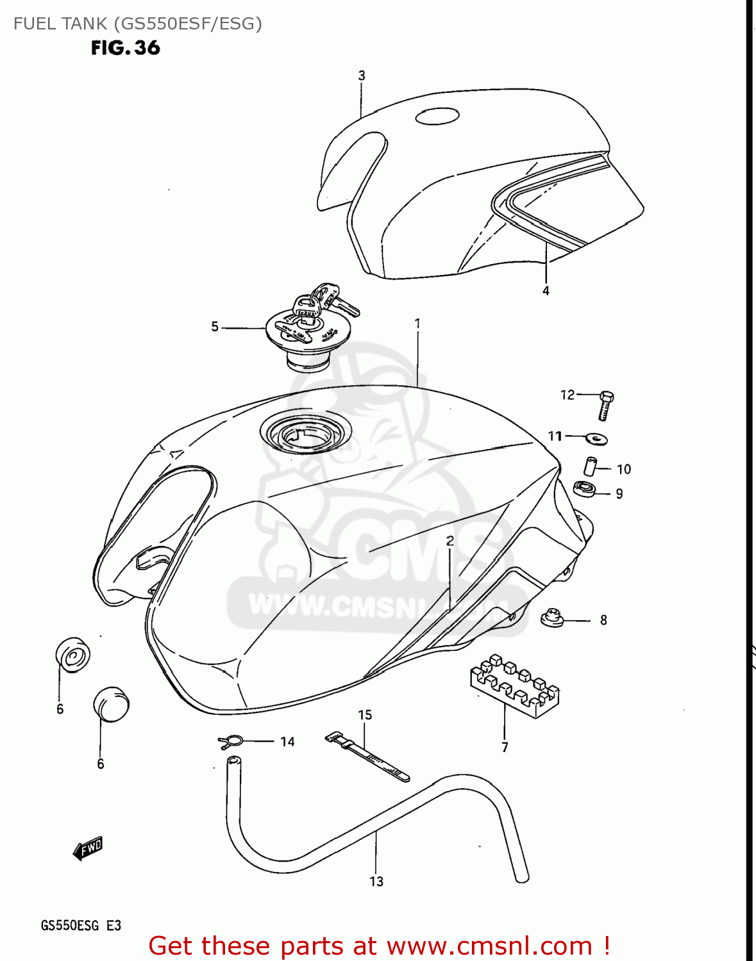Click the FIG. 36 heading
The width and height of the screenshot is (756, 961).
[x=125, y=48]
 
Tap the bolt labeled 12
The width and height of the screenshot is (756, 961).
[x=605, y=405]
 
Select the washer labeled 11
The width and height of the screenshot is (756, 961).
[x=597, y=439]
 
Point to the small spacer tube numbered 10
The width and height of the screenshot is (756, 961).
[x=590, y=466]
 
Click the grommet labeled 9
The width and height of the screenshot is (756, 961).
[x=584, y=489]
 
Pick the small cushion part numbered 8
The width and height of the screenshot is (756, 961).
[x=551, y=618]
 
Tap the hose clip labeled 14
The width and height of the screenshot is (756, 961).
[x=230, y=742]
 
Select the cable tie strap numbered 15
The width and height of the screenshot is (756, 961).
[x=367, y=756]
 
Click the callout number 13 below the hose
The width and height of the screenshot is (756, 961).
[x=376, y=882]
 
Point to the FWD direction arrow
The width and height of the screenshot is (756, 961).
[x=88, y=848]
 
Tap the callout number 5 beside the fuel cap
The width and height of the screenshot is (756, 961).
[x=215, y=327]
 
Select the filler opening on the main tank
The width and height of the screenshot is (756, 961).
[x=306, y=432]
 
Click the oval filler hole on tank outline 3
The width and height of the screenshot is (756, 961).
[x=437, y=117]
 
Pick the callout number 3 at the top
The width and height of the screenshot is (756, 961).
[x=362, y=76]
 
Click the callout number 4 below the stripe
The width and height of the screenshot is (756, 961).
[x=546, y=291]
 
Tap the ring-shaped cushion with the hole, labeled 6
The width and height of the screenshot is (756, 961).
[x=72, y=655]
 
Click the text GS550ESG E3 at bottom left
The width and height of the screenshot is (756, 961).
[x=81, y=925]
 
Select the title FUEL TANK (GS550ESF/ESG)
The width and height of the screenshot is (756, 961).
[x=138, y=24]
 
